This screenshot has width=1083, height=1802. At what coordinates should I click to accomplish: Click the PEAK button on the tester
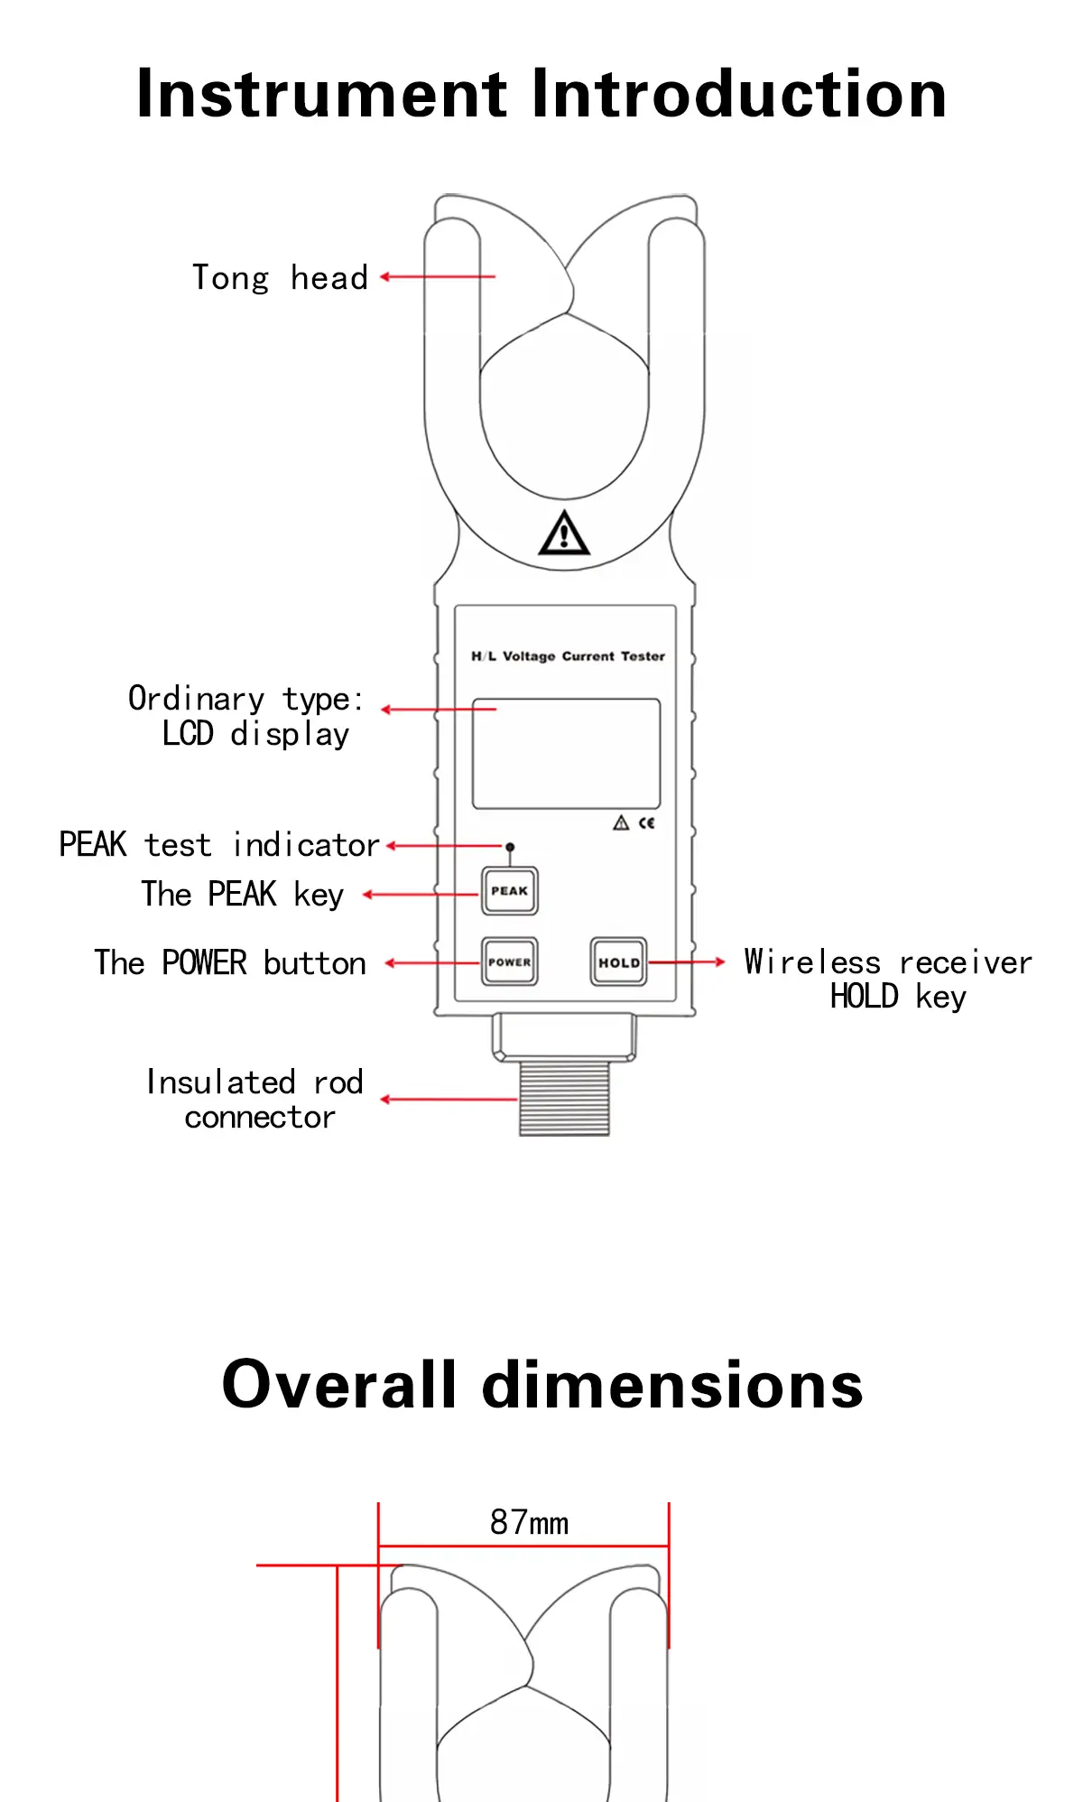coord(510,891)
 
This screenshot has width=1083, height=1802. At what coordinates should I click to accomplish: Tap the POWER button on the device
coord(510,961)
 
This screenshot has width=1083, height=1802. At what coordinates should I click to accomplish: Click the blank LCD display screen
coord(567,754)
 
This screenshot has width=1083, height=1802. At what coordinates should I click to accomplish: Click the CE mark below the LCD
coord(647,822)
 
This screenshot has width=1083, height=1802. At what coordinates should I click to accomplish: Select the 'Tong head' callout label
coord(281,278)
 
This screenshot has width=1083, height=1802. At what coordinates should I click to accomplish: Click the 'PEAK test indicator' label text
coord(219,845)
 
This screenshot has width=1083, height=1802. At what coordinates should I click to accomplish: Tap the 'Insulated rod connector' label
coord(255,1100)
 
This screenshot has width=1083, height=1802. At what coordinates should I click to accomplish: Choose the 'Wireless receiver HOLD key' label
coord(888,980)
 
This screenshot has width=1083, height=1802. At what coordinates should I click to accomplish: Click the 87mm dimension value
coord(530,1523)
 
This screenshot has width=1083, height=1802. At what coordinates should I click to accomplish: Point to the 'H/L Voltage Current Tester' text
coord(569,656)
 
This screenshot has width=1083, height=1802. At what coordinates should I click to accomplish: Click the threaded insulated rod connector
coord(565,1098)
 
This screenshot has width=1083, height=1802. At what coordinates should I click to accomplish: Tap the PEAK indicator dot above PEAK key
coord(510,847)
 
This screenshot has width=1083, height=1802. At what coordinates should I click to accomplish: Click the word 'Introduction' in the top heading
coord(740,94)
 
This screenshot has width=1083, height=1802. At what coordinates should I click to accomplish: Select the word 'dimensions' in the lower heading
coord(673,1385)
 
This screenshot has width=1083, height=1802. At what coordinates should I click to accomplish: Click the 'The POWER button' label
coord(230,963)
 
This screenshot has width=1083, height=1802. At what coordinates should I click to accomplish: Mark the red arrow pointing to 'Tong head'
coord(438,277)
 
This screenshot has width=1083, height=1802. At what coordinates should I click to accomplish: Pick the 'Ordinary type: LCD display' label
coord(245,716)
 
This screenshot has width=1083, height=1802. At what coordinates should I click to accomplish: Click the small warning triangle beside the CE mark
coord(621,822)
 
